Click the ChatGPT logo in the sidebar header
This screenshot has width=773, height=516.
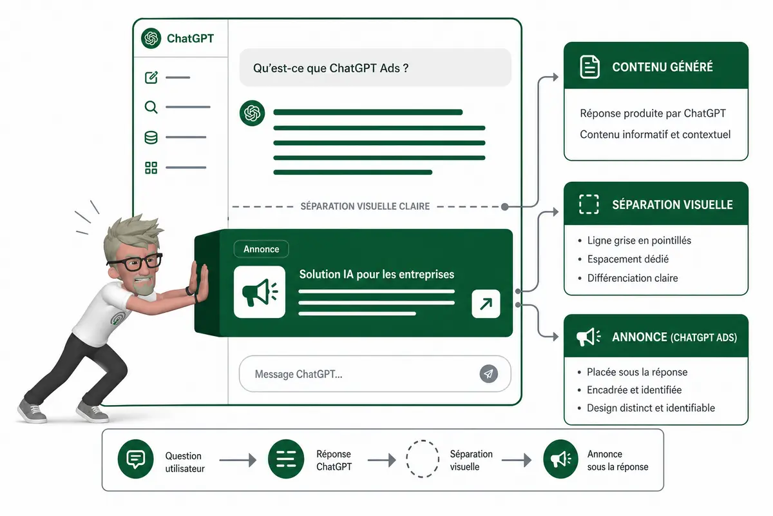pos(151,38)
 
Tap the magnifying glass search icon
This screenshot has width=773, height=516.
pos(151,107)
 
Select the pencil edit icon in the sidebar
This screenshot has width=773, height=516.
pos(151,77)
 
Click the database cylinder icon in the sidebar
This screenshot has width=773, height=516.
pos(151,137)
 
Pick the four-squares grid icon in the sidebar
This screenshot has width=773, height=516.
pos(151,168)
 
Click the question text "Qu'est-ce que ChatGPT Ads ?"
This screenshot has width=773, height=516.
pos(330,68)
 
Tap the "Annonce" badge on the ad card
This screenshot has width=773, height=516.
pos(262,249)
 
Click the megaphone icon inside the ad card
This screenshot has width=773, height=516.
pos(260,292)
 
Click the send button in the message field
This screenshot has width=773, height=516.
pos(489,373)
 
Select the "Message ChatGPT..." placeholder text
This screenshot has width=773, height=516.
pos(298,374)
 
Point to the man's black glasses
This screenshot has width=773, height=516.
pos(135,263)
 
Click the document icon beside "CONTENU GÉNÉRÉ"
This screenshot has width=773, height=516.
pos(590,66)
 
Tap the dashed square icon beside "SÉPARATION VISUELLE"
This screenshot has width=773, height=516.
pos(589,204)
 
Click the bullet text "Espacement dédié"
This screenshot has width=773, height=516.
pos(627,259)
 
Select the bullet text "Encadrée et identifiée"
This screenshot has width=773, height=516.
pos(635,390)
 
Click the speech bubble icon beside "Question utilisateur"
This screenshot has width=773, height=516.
pos(136,459)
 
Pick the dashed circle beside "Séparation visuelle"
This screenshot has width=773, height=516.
pos(423,459)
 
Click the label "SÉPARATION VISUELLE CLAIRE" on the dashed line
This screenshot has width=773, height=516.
pos(365,206)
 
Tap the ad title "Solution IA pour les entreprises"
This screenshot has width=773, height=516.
pos(376,274)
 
